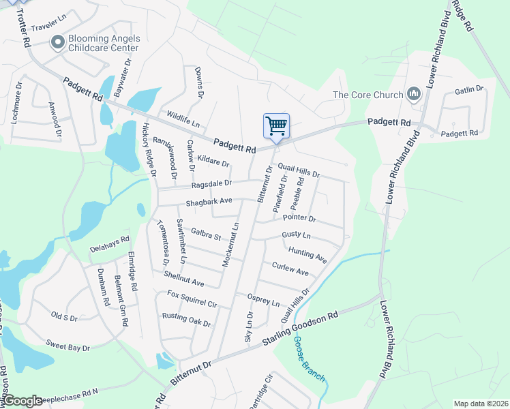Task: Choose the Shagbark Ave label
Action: [209, 202]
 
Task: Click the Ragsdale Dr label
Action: [211, 183]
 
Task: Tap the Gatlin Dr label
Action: [468, 89]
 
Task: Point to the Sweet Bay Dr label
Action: [67, 344]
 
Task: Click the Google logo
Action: [22, 401]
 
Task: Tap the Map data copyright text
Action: [481, 404]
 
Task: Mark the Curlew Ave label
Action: [290, 269]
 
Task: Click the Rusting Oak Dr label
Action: [186, 320]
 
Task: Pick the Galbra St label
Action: [206, 234]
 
